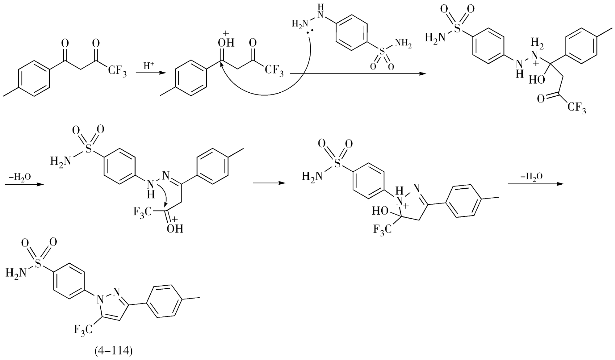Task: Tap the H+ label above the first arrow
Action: click(x=148, y=66)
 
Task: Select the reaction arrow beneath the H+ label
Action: click(x=148, y=73)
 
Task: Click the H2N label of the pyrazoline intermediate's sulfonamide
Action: click(x=312, y=176)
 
